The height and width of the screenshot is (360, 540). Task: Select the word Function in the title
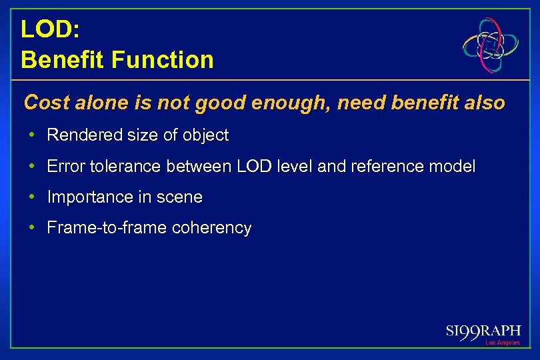click(163, 60)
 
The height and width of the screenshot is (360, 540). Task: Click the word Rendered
click(79, 135)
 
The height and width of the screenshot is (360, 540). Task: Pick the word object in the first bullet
click(206, 135)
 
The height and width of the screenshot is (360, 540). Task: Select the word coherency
click(211, 228)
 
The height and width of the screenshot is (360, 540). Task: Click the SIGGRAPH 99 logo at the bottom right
click(483, 333)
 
